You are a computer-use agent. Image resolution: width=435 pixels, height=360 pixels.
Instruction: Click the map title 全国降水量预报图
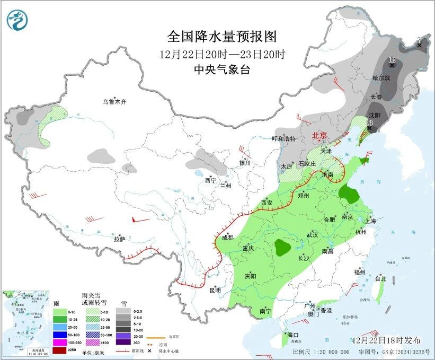(222, 37)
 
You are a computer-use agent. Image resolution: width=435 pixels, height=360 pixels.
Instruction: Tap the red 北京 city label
(321, 135)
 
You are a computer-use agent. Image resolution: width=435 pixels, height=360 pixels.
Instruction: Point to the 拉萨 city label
(120, 239)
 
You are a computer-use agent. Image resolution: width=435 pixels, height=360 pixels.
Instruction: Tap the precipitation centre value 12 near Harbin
(392, 59)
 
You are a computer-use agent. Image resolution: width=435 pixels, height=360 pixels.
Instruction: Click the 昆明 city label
(215, 290)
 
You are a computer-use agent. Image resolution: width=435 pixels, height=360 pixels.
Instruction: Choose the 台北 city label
(380, 278)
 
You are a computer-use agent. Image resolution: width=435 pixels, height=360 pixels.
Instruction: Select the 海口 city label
(293, 335)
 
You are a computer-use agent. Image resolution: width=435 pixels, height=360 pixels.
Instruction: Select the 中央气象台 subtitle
(222, 69)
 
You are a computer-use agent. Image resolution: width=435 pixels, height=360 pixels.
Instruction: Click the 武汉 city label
(312, 235)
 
